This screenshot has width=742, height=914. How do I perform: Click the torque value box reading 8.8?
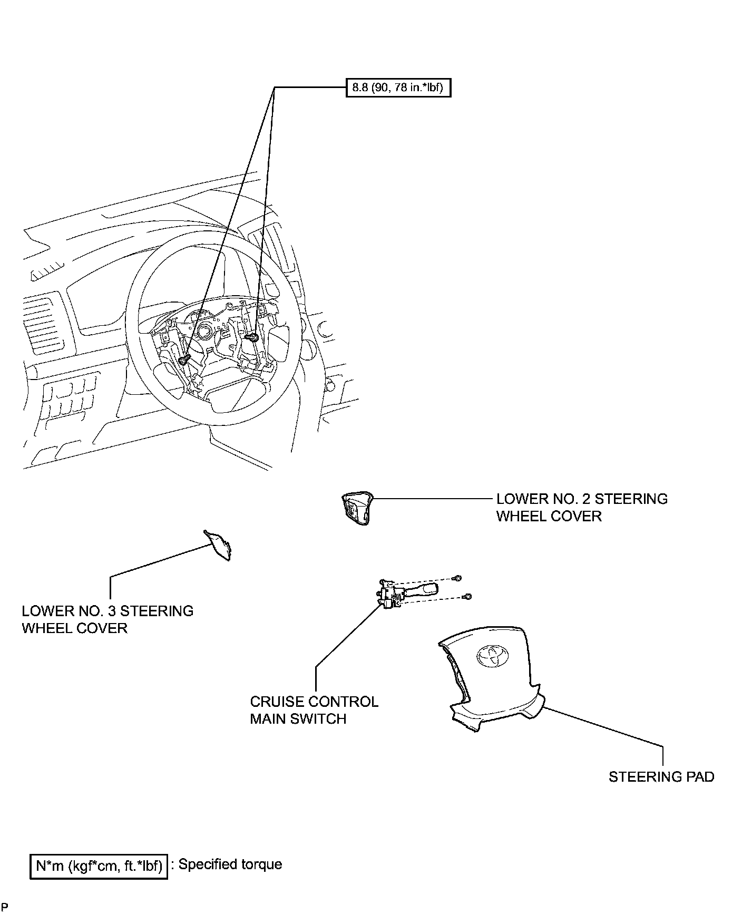(398, 87)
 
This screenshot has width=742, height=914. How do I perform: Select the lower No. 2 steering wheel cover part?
(357, 508)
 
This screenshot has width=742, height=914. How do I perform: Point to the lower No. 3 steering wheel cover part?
(219, 543)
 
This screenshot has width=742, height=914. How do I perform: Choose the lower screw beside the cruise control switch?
(467, 597)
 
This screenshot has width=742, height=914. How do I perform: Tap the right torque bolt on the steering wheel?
(253, 337)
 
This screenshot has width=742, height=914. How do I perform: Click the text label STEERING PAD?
(661, 776)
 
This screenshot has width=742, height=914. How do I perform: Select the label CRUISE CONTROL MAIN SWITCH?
(314, 710)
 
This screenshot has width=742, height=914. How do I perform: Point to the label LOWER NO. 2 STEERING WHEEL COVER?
(582, 507)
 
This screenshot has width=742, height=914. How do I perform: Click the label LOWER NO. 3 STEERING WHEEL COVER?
(108, 619)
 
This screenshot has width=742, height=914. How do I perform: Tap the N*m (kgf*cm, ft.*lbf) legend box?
(99, 866)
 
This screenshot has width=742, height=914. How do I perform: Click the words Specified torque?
(230, 864)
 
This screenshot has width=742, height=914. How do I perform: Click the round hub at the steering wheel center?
(203, 333)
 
